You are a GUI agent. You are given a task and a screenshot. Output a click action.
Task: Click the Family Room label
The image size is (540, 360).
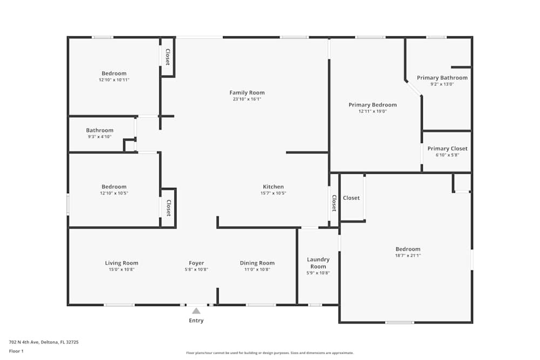click(247, 93)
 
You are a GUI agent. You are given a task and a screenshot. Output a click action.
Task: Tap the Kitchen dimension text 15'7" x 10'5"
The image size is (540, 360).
click(273, 193)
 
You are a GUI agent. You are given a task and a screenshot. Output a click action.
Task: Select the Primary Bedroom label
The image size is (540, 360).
click(373, 105)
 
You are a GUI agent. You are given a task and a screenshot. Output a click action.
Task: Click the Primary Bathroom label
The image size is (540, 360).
click(442, 78)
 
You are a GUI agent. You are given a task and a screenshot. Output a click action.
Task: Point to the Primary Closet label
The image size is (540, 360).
click(447, 148)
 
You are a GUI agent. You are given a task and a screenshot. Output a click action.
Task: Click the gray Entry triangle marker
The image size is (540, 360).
click(196, 310)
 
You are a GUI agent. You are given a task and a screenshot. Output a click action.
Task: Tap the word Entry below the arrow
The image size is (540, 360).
click(196, 321)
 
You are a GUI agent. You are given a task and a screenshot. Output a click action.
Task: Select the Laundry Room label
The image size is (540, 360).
click(318, 263)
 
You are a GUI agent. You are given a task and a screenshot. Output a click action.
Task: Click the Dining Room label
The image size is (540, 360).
click(257, 263)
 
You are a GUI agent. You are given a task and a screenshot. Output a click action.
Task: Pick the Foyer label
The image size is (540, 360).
click(196, 263)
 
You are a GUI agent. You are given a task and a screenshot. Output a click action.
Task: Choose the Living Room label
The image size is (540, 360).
click(122, 263)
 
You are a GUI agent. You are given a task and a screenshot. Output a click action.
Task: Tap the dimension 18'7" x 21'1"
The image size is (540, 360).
click(408, 256)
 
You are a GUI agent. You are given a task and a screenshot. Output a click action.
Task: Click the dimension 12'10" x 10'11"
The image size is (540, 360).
click(114, 80)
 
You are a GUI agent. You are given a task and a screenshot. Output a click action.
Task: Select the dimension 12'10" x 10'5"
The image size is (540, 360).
click(114, 193)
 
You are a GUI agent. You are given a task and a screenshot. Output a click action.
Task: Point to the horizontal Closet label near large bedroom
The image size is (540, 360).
click(351, 198)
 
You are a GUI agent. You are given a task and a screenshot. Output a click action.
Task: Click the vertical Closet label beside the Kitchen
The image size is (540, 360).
click(334, 203)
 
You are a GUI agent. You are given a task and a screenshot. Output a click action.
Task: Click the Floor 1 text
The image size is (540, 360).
click(16, 351)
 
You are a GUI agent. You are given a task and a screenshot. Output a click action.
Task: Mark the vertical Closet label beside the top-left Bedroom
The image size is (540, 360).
click(168, 57)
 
